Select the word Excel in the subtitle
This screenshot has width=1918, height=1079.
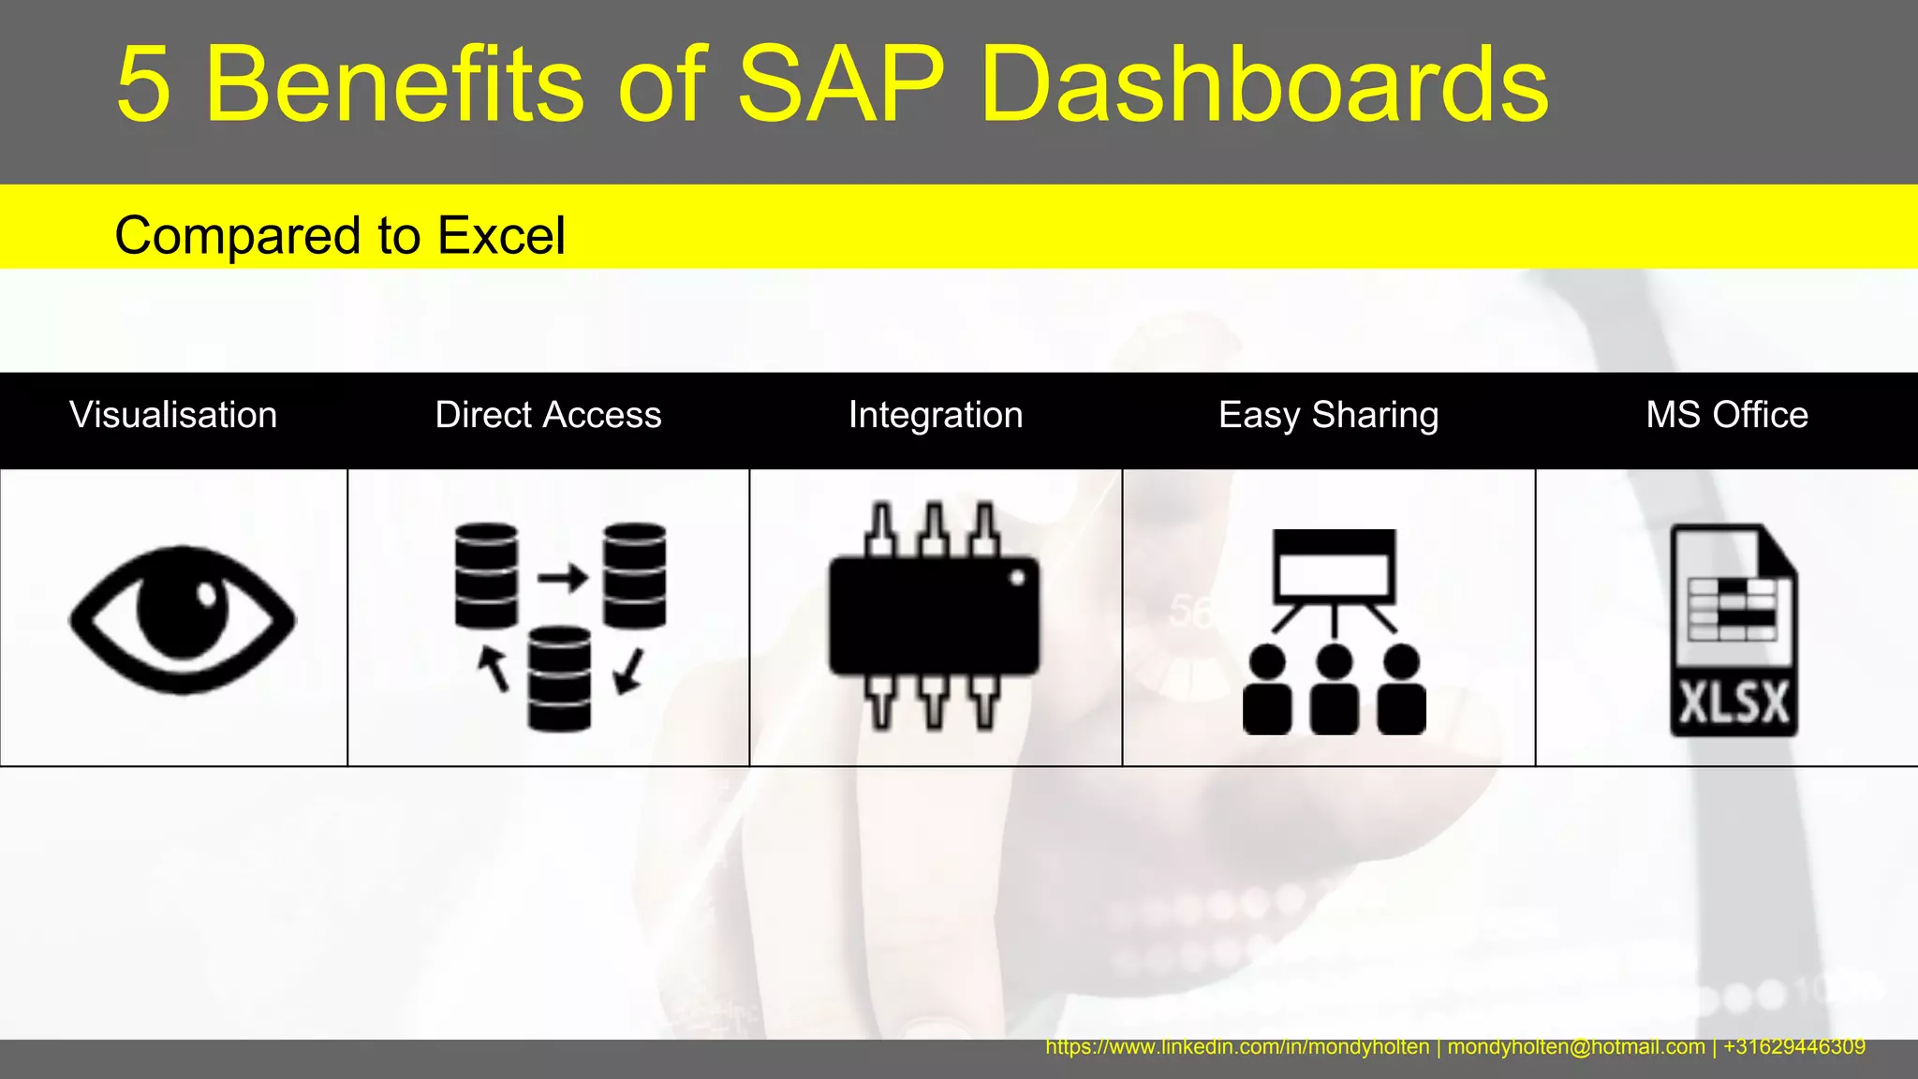pyautogui.click(x=501, y=235)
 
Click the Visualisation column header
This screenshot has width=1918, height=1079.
pyautogui.click(x=173, y=415)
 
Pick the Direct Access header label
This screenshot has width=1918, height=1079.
pyautogui.click(x=548, y=415)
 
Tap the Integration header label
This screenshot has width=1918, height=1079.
pyautogui.click(x=936, y=415)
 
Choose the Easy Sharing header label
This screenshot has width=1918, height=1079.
pyautogui.click(x=1328, y=415)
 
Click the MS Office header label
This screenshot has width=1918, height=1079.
pyautogui.click(x=1727, y=415)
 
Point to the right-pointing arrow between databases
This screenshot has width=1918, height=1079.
pyautogui.click(x=563, y=577)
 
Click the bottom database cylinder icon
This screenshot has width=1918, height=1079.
pyautogui.click(x=559, y=679)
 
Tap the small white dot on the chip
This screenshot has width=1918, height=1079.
pyautogui.click(x=1017, y=578)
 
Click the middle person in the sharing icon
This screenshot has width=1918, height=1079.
pyautogui.click(x=1335, y=691)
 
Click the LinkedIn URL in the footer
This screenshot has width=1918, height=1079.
pyautogui.click(x=1237, y=1047)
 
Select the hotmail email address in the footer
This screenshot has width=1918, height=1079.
pyautogui.click(x=1576, y=1047)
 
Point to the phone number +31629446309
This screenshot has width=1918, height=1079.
pyautogui.click(x=1793, y=1047)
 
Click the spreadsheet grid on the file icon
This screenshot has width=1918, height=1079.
pyautogui.click(x=1733, y=609)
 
